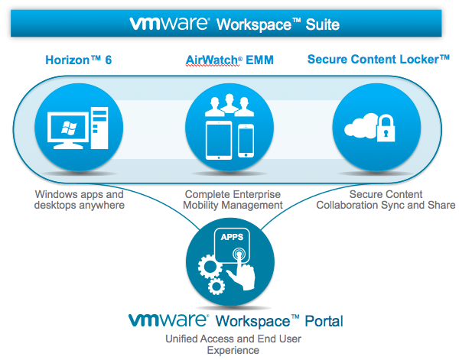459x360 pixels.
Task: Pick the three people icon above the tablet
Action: (x=229, y=107)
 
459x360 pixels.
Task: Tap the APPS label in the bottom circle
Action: (x=231, y=239)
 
